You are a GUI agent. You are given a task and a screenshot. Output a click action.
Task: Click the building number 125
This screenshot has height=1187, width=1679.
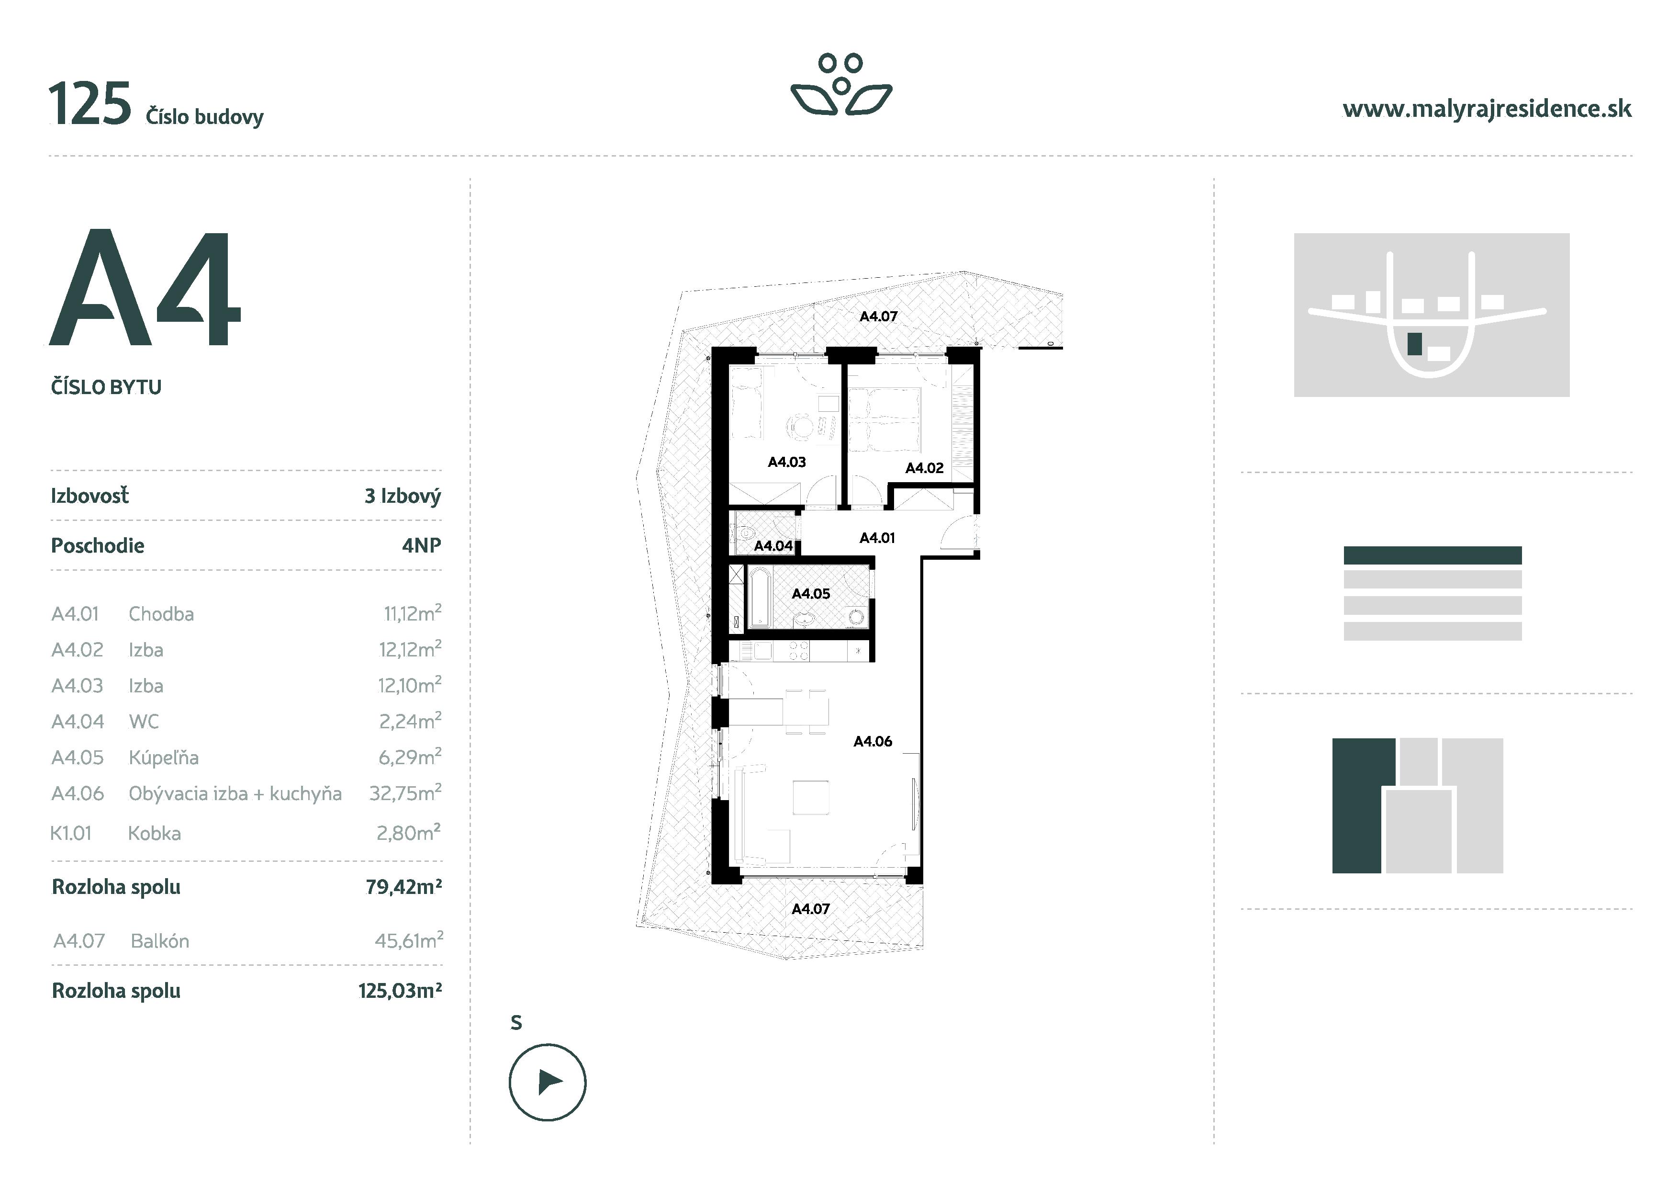[x=90, y=104]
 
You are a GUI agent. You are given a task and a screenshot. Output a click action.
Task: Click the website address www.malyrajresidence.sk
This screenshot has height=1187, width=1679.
[x=1487, y=110]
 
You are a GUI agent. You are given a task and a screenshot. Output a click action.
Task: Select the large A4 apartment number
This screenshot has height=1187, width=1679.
[x=145, y=288]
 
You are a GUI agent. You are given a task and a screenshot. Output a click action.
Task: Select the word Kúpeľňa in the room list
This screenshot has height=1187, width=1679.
[x=164, y=757]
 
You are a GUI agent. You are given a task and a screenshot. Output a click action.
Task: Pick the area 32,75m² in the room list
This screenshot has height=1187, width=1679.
[x=405, y=793]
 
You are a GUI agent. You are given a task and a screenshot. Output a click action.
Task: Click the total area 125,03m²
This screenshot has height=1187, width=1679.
[x=400, y=991]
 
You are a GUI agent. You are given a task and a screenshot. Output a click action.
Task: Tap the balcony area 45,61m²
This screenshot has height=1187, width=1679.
[x=409, y=940]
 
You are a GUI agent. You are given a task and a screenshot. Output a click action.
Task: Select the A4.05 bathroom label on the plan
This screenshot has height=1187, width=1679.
[x=810, y=594]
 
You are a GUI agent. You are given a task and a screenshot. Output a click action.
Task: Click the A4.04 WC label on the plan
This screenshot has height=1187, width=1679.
[x=773, y=545]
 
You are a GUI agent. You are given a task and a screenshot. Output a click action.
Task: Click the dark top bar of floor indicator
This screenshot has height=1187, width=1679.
[x=1432, y=555]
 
